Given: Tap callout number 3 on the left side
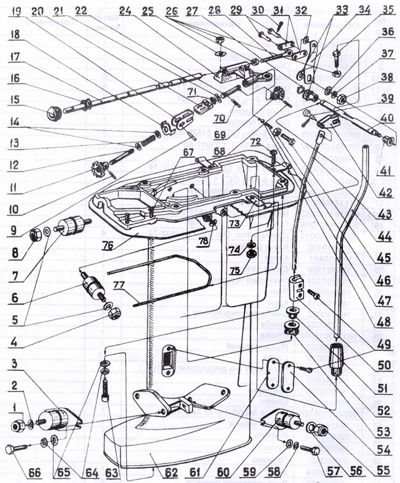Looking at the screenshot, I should click(x=15, y=364).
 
